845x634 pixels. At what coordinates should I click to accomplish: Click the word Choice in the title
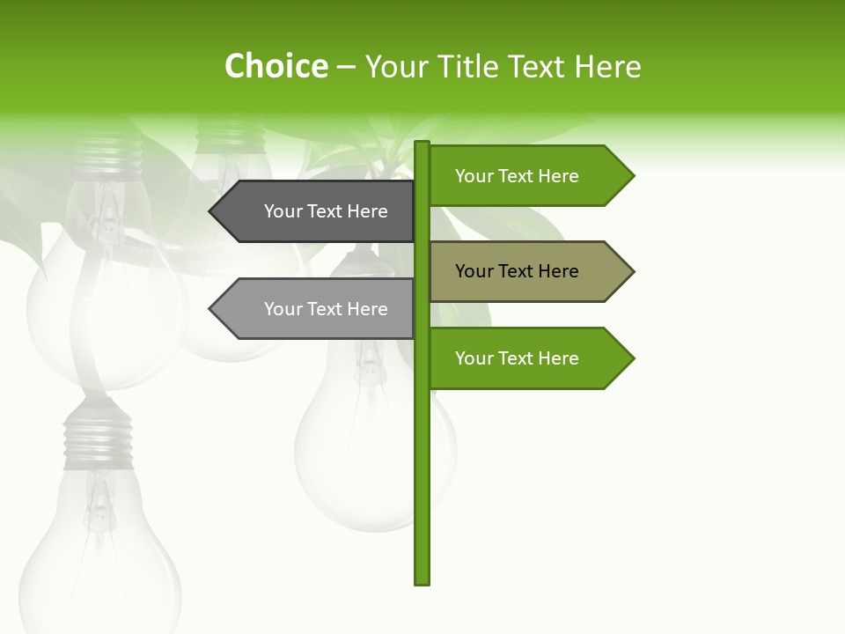(276, 66)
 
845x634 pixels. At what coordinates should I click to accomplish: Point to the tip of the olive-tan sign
(631, 271)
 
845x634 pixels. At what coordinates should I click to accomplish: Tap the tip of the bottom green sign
(631, 358)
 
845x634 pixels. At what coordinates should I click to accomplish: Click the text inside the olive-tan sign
(517, 271)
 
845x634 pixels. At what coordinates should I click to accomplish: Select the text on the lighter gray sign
(326, 309)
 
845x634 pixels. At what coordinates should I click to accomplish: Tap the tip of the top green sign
(631, 176)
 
